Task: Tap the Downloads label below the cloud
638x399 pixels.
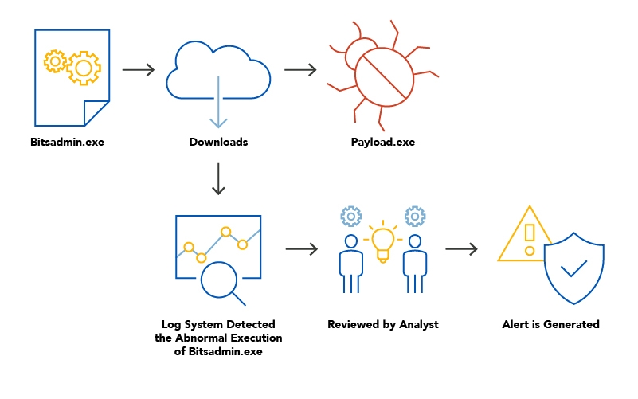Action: [x=218, y=143]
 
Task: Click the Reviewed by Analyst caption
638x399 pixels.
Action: [x=383, y=324]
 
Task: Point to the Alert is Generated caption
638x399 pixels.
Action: [x=550, y=324]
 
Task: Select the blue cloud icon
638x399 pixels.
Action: [x=218, y=72]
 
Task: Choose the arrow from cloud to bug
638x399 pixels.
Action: [x=300, y=70]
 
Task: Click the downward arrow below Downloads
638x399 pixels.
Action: [x=218, y=179]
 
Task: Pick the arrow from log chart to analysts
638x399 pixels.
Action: [x=302, y=250]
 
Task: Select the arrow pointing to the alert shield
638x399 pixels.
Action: [x=461, y=250]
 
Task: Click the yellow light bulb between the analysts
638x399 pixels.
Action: [x=383, y=241]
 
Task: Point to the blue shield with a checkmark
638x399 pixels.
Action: [x=573, y=272]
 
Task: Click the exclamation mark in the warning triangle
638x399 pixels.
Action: [x=529, y=237]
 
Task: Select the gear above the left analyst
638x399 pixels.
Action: [x=350, y=216]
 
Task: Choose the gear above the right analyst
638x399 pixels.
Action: [x=415, y=216]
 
